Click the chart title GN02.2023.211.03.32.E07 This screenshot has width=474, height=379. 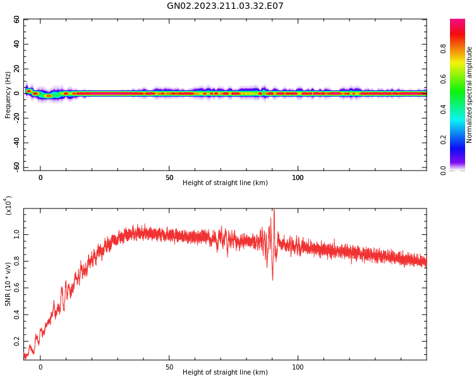225,6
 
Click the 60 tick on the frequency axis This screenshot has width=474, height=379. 17,20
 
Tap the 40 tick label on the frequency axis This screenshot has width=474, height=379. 17,44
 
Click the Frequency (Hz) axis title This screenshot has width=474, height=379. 8,95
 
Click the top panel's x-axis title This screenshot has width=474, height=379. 225,183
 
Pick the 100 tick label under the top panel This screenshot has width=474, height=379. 298,177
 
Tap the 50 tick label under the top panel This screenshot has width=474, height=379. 169,177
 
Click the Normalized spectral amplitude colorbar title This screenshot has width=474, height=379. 470,95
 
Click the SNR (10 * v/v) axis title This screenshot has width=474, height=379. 8,284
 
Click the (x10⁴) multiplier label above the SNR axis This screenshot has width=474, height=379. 8,206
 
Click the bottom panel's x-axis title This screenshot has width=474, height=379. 225,373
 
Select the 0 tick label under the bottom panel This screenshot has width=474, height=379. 40,367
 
